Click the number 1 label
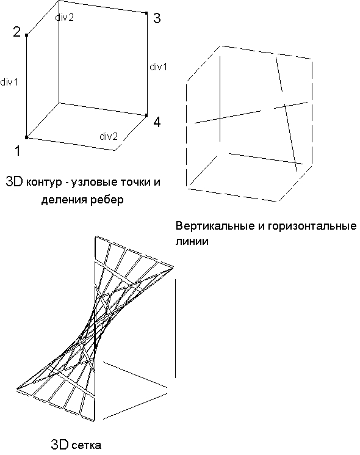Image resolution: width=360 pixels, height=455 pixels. tap(18, 151)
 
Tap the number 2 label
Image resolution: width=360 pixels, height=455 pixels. tap(17, 32)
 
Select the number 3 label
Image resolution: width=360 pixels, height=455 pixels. tap(157, 18)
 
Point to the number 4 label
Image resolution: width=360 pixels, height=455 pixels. tap(157, 122)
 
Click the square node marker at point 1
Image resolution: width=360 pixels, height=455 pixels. tap(27, 137)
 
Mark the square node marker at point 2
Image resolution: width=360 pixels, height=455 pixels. tap(27, 35)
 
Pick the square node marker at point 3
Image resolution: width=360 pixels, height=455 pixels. tap(146, 13)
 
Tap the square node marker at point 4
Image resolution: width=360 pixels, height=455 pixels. tap(146, 115)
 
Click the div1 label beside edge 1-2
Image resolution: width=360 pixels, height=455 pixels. tap(9, 82)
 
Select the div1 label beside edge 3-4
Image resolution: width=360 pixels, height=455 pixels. tap(158, 67)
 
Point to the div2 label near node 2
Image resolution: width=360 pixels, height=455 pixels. tap(64, 18)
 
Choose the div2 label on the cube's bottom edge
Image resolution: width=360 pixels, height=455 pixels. tap(109, 136)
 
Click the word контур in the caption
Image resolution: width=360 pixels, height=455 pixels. tap(46, 183)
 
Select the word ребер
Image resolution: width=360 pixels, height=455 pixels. tap(107, 200)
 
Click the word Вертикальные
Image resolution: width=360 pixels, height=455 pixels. tap(216, 226)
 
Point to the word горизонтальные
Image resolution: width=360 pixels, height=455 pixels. tap(312, 227)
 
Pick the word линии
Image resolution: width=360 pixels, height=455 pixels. tap(192, 241)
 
